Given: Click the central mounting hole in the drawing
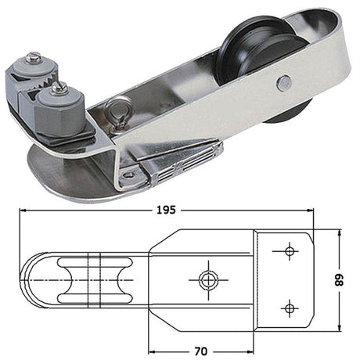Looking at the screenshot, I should tap(207, 278).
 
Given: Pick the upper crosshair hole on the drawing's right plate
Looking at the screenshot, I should tap(289, 251).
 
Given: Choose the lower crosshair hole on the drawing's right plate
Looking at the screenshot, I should tap(289, 306).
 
